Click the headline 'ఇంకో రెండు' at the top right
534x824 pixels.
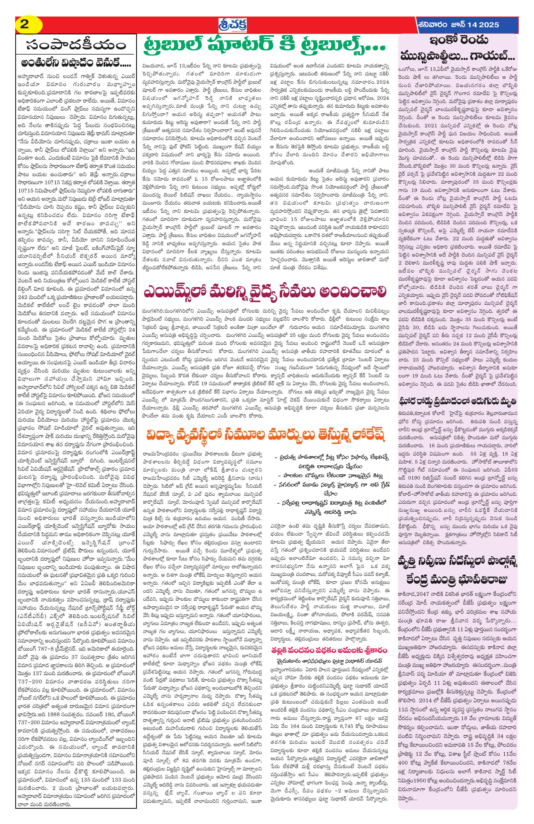459,41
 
